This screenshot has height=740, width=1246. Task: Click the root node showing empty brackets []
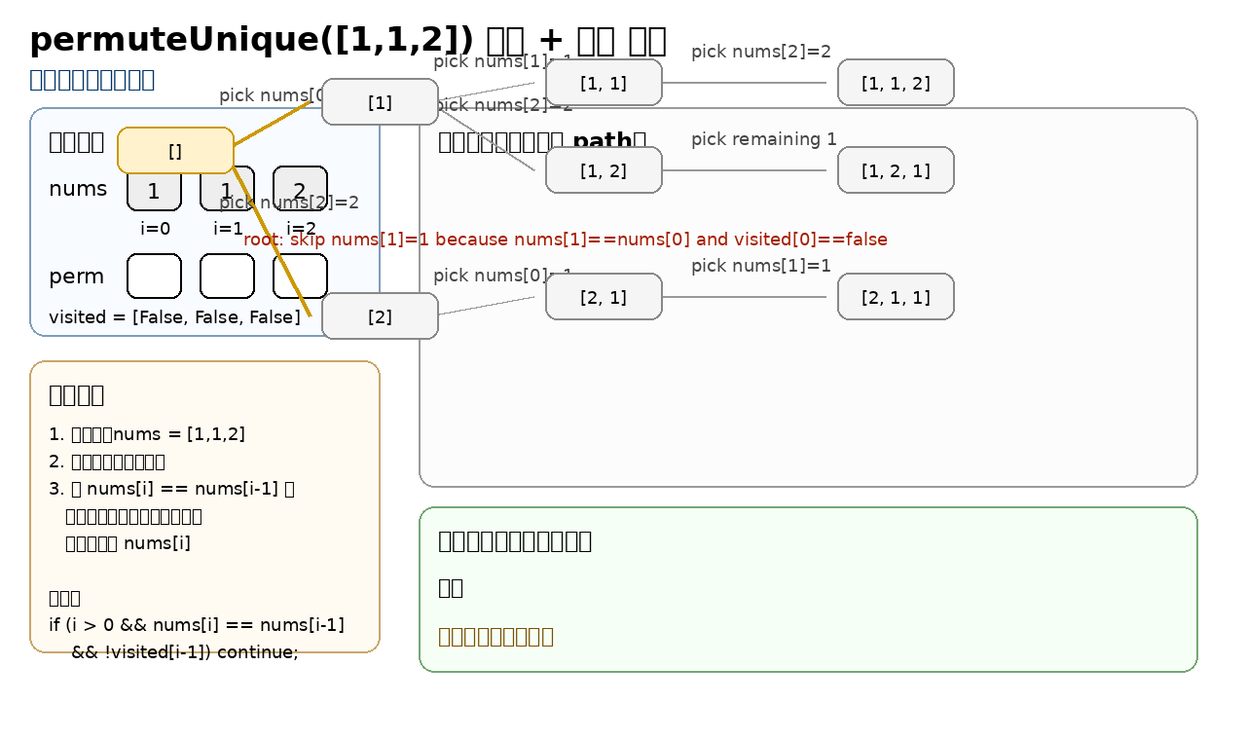175,150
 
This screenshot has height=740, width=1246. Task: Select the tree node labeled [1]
380,102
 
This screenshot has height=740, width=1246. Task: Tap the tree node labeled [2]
380,316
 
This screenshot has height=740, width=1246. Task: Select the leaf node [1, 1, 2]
896,83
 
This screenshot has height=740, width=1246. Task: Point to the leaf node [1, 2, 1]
896,170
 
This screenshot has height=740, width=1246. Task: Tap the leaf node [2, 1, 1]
896,297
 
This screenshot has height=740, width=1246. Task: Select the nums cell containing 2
300,190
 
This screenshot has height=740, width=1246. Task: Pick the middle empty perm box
227,276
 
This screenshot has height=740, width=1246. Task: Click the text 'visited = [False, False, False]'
174,317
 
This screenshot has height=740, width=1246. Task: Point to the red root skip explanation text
565,240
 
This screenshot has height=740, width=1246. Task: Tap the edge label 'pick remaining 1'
763,139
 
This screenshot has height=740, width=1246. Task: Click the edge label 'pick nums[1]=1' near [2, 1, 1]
760,266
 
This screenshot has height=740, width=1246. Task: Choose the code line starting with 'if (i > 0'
196,624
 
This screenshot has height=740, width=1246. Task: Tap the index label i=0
156,229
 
